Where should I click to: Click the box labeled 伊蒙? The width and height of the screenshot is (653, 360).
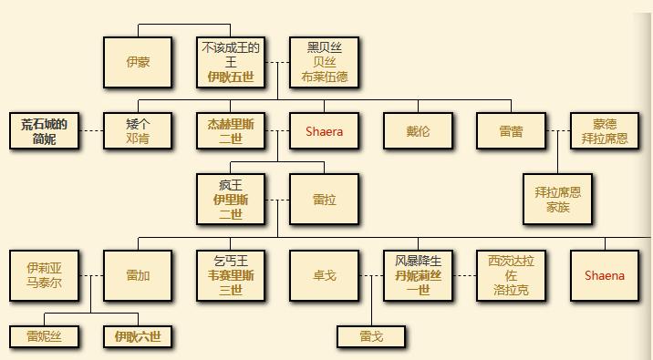click(x=138, y=63)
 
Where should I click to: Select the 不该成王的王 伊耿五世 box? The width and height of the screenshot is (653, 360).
click(x=231, y=62)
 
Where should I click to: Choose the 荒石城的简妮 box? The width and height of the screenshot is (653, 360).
click(x=44, y=131)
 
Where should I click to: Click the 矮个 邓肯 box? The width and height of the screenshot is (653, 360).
click(x=138, y=131)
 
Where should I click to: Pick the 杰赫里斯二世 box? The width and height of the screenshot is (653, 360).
click(x=231, y=131)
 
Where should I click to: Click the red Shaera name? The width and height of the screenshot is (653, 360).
click(x=324, y=131)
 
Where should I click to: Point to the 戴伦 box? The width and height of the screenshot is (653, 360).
click(x=418, y=131)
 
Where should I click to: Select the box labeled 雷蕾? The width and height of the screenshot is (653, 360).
click(x=511, y=131)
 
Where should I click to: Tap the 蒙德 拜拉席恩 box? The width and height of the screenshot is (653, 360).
click(x=605, y=131)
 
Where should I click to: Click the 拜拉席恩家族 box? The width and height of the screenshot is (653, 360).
click(x=557, y=200)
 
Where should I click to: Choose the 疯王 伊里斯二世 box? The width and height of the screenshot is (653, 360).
click(x=231, y=200)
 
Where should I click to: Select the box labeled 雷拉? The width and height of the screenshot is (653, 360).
click(x=324, y=200)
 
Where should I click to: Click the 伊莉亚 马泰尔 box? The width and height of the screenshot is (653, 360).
click(x=44, y=275)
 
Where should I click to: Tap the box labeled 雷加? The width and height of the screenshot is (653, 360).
click(x=138, y=275)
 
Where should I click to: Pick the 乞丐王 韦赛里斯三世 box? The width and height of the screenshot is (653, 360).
click(x=231, y=275)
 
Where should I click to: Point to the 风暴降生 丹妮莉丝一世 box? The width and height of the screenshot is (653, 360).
click(x=418, y=275)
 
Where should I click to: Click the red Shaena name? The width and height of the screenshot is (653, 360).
click(x=605, y=275)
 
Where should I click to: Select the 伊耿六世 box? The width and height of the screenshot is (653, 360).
click(x=138, y=336)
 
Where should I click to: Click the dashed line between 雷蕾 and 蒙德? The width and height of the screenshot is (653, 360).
click(x=558, y=131)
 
